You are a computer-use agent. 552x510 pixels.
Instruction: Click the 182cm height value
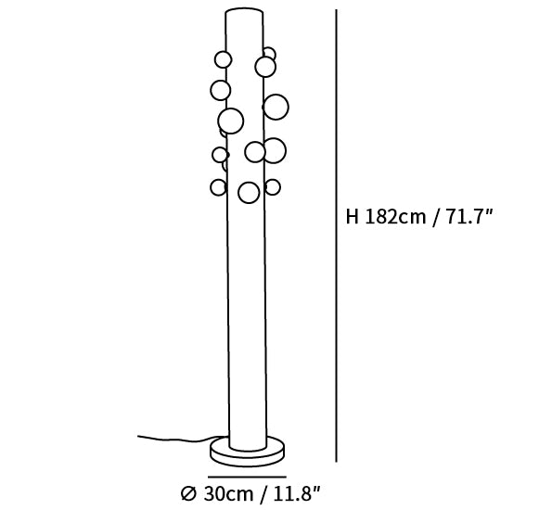[394, 216]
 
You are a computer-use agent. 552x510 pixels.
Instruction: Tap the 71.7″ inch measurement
[469, 216]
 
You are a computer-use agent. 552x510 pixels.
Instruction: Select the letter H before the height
[352, 216]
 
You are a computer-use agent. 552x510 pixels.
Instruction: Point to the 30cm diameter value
[228, 493]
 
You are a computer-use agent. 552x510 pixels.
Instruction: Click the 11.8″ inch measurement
[297, 493]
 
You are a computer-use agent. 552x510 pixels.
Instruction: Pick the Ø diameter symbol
[188, 494]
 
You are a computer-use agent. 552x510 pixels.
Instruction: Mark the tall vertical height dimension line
[336, 236]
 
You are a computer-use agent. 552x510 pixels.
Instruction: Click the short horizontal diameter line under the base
[247, 477]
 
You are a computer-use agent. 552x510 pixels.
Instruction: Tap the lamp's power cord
[176, 439]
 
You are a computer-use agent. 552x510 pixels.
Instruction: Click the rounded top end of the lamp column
[244, 12]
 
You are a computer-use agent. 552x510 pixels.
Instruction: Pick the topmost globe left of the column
[223, 59]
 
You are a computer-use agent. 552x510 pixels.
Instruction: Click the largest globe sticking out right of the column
[276, 107]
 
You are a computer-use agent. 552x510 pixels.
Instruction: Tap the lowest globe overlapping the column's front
[249, 193]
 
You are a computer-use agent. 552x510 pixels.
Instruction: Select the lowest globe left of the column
[218, 187]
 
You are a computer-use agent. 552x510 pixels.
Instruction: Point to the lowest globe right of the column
[273, 187]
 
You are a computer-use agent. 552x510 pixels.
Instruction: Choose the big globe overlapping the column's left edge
[231, 121]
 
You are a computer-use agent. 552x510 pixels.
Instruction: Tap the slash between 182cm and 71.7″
[436, 217]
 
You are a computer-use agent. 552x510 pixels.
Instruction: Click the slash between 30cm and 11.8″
[263, 494]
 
